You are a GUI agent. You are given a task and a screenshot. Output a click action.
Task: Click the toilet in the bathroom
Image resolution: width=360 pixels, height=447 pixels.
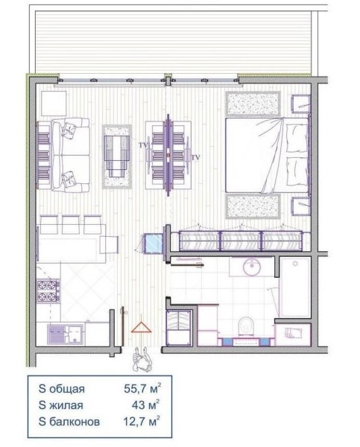tap(246, 326)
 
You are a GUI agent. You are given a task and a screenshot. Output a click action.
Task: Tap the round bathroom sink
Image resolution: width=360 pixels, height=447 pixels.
tap(252, 267)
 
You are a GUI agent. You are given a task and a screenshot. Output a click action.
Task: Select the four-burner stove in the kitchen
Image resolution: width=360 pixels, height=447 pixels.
tap(48, 291)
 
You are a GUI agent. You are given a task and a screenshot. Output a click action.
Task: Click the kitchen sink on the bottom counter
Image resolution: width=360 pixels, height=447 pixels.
tap(66, 334)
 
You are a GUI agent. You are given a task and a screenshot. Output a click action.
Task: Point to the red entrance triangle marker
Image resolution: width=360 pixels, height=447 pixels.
tap(141, 328)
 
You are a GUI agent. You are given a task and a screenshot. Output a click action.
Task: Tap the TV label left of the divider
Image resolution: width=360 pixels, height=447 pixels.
tap(144, 145)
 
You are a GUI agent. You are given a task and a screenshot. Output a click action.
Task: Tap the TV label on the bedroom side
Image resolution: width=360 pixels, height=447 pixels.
tap(196, 157)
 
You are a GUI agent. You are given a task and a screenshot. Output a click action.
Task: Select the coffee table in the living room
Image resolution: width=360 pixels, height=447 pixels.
tap(117, 156)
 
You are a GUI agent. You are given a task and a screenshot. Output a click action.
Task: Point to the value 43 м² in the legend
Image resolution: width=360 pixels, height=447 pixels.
tap(145, 405)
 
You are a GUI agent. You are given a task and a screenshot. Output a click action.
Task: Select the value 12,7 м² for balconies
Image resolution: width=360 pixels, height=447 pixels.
tap(141, 421)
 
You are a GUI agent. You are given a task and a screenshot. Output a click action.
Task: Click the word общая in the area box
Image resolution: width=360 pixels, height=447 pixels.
tap(67, 389)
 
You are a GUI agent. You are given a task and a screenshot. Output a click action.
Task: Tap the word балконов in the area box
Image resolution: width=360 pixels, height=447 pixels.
tap(75, 422)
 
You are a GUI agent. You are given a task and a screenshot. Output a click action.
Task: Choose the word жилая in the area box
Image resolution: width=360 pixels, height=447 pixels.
tap(66, 405)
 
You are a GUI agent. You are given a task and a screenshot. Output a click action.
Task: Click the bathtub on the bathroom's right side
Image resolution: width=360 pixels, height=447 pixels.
tap(295, 287)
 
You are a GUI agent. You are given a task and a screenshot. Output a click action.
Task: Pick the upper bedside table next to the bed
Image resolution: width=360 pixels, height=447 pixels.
tap(300, 104)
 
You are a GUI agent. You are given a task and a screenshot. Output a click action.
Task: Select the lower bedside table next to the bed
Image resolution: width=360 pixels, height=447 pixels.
tap(300, 206)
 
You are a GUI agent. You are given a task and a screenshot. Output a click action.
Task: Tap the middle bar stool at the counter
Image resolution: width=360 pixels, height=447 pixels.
tap(71, 224)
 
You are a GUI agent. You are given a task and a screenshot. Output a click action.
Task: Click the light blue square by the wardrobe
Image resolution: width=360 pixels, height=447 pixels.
tap(154, 243)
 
